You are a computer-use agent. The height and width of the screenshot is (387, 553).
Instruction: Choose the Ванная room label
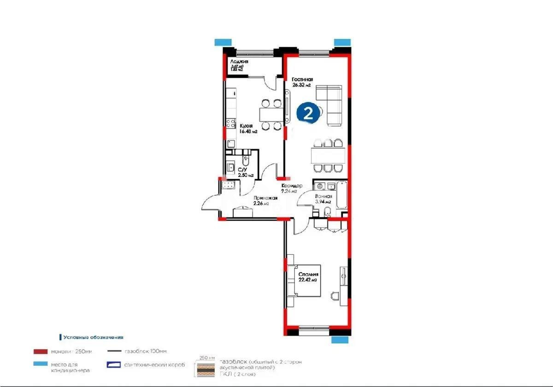(324, 196)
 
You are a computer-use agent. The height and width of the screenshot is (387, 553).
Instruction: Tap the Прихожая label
(265, 198)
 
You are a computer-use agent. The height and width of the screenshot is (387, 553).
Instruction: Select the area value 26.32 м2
(302, 85)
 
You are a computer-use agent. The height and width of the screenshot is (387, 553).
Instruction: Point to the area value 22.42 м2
(308, 280)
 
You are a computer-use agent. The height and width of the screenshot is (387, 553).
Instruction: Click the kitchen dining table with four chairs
(270, 114)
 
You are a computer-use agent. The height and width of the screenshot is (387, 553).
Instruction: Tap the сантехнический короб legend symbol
(114, 365)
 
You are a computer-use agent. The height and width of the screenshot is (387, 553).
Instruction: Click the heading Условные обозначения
(93, 337)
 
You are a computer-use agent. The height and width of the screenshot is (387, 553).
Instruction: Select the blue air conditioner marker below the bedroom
(340, 340)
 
